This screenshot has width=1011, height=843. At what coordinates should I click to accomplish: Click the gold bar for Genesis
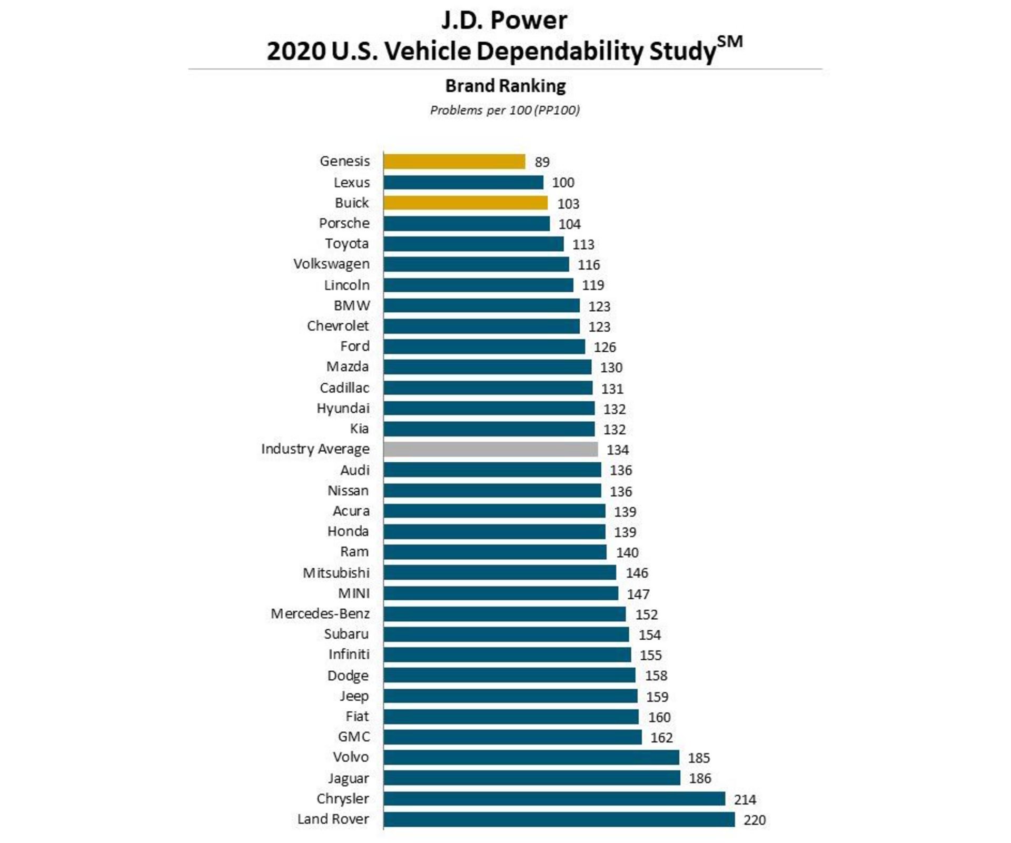tap(454, 161)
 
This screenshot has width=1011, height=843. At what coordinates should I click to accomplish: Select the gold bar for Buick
tap(465, 203)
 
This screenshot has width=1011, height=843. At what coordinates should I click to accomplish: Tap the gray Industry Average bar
tap(490, 449)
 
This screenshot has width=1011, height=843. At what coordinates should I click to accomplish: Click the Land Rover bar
tap(559, 819)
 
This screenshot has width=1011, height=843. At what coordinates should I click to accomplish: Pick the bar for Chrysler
tap(554, 799)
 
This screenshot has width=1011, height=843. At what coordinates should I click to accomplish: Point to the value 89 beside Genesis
tap(542, 162)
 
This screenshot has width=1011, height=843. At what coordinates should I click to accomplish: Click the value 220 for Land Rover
tap(754, 820)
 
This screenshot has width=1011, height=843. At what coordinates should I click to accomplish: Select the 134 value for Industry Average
tap(617, 450)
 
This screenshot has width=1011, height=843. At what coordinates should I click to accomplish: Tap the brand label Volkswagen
tap(331, 264)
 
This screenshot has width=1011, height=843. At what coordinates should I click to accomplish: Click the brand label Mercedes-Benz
tap(320, 613)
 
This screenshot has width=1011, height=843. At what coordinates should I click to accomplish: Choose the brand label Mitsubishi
tap(336, 572)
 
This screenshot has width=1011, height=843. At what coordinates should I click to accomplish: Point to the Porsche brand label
tap(344, 223)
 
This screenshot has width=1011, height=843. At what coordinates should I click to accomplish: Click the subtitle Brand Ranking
tap(505, 86)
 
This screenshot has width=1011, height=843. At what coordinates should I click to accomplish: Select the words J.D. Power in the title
tap(504, 21)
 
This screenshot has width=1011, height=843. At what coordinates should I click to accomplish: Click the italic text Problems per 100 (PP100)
tap(504, 110)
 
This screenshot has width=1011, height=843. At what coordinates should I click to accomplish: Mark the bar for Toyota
tap(473, 244)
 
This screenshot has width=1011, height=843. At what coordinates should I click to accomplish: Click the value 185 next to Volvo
tap(699, 758)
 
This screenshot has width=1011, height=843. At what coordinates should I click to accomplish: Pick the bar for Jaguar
tap(532, 778)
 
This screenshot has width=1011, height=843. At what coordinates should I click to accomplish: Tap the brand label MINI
tap(354, 593)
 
